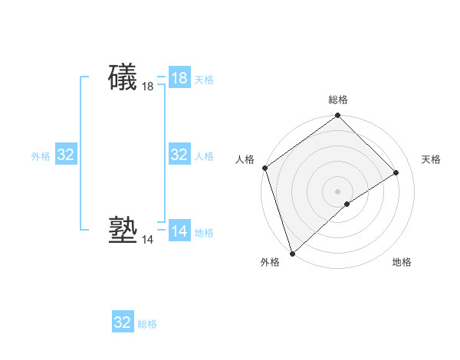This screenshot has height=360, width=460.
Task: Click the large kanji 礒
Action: coord(123,77)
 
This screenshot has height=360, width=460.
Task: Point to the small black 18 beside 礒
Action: coord(148,87)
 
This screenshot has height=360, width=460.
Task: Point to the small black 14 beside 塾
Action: coord(148,240)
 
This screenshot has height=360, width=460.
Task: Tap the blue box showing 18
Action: coord(179,78)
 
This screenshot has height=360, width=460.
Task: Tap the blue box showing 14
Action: coord(179,231)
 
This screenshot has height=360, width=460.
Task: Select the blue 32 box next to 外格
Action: coord(66,155)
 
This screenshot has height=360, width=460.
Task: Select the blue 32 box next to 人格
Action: coord(179,155)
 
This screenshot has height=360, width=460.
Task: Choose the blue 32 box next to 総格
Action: coord(123,322)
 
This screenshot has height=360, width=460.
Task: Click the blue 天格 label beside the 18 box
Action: coord(204,80)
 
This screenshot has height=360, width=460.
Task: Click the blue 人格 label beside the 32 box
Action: coord(204,156)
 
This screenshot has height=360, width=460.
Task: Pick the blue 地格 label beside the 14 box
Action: coord(204,233)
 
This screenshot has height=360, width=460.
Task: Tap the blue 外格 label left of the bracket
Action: coord(41,156)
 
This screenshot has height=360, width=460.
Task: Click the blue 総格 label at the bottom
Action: coord(147,324)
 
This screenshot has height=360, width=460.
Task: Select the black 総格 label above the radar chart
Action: coord(338,100)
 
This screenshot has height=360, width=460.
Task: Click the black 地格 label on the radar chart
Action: coord(402,263)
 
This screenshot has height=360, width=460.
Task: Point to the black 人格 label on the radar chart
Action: coord(245,159)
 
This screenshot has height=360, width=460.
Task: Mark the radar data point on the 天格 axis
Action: coord(396,172)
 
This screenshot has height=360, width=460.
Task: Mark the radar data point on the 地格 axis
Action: coord(347,204)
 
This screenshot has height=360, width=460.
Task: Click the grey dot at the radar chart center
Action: coord(337,191)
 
